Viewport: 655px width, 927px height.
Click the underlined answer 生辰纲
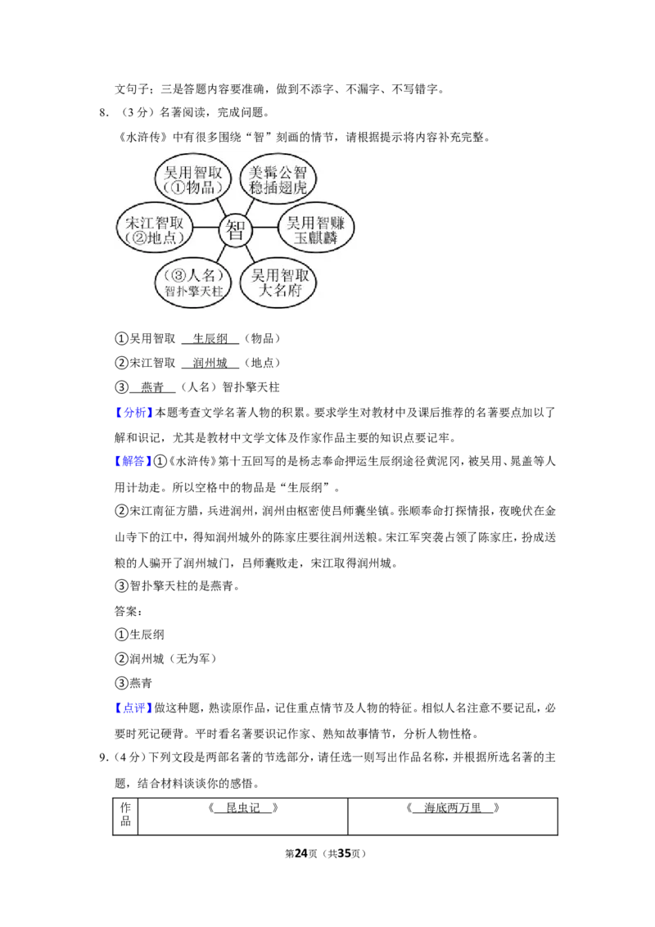[210, 339]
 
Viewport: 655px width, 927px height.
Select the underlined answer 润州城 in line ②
[210, 363]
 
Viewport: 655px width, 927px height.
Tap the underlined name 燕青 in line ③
[152, 387]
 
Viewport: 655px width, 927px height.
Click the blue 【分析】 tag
[133, 413]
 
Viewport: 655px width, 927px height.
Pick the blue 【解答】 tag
[133, 461]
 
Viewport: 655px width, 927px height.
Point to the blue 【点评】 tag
[133, 708]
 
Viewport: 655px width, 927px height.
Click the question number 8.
[102, 112]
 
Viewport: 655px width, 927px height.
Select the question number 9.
[102, 757]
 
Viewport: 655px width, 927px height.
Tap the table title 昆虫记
[243, 807]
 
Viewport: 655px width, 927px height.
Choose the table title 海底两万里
[453, 807]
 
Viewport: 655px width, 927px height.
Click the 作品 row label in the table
[125, 814]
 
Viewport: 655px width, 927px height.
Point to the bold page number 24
[301, 853]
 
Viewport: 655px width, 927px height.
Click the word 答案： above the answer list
[129, 611]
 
